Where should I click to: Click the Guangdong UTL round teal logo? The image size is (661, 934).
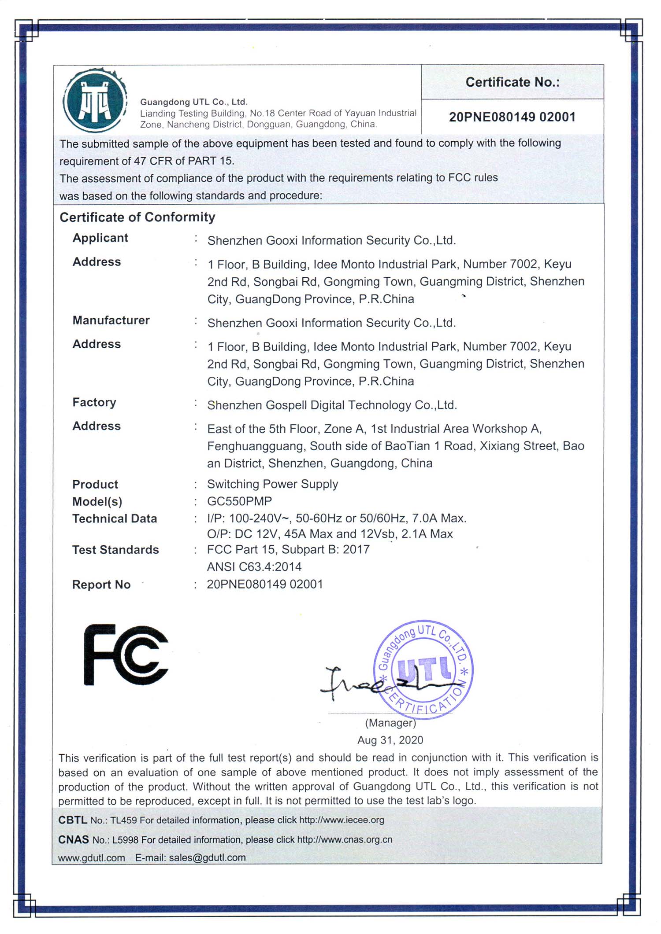point(95,100)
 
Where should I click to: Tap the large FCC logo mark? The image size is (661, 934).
point(126,655)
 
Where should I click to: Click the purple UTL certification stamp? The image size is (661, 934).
point(424,669)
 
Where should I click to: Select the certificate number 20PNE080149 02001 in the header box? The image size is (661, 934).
point(512,117)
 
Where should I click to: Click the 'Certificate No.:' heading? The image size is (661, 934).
point(512,82)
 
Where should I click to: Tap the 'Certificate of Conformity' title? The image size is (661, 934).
point(137,217)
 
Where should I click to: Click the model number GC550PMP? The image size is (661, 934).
point(239,501)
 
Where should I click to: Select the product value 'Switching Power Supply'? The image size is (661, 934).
point(272,484)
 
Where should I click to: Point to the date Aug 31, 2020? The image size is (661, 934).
point(390,740)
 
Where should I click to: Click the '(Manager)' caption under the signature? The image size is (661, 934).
point(390,723)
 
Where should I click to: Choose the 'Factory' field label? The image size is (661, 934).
point(94,402)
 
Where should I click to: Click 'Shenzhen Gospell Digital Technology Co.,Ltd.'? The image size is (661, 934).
point(332,405)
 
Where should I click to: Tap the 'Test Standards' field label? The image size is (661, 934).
point(115,550)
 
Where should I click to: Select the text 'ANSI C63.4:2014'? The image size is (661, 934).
point(254,566)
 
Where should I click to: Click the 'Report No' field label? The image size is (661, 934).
point(101,585)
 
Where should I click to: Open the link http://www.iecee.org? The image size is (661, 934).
point(342,820)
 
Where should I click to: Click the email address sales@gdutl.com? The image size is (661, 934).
point(207,857)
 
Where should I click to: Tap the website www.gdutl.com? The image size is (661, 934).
point(92,857)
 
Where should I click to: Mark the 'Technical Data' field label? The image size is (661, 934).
point(115,518)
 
